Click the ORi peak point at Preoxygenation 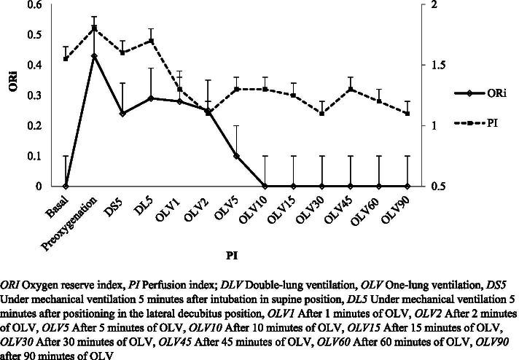click(x=94, y=55)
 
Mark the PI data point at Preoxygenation click(x=94, y=28)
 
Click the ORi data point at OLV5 click(x=236, y=156)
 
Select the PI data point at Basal click(x=66, y=59)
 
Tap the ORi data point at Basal click(x=66, y=187)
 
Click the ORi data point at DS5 click(x=122, y=114)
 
